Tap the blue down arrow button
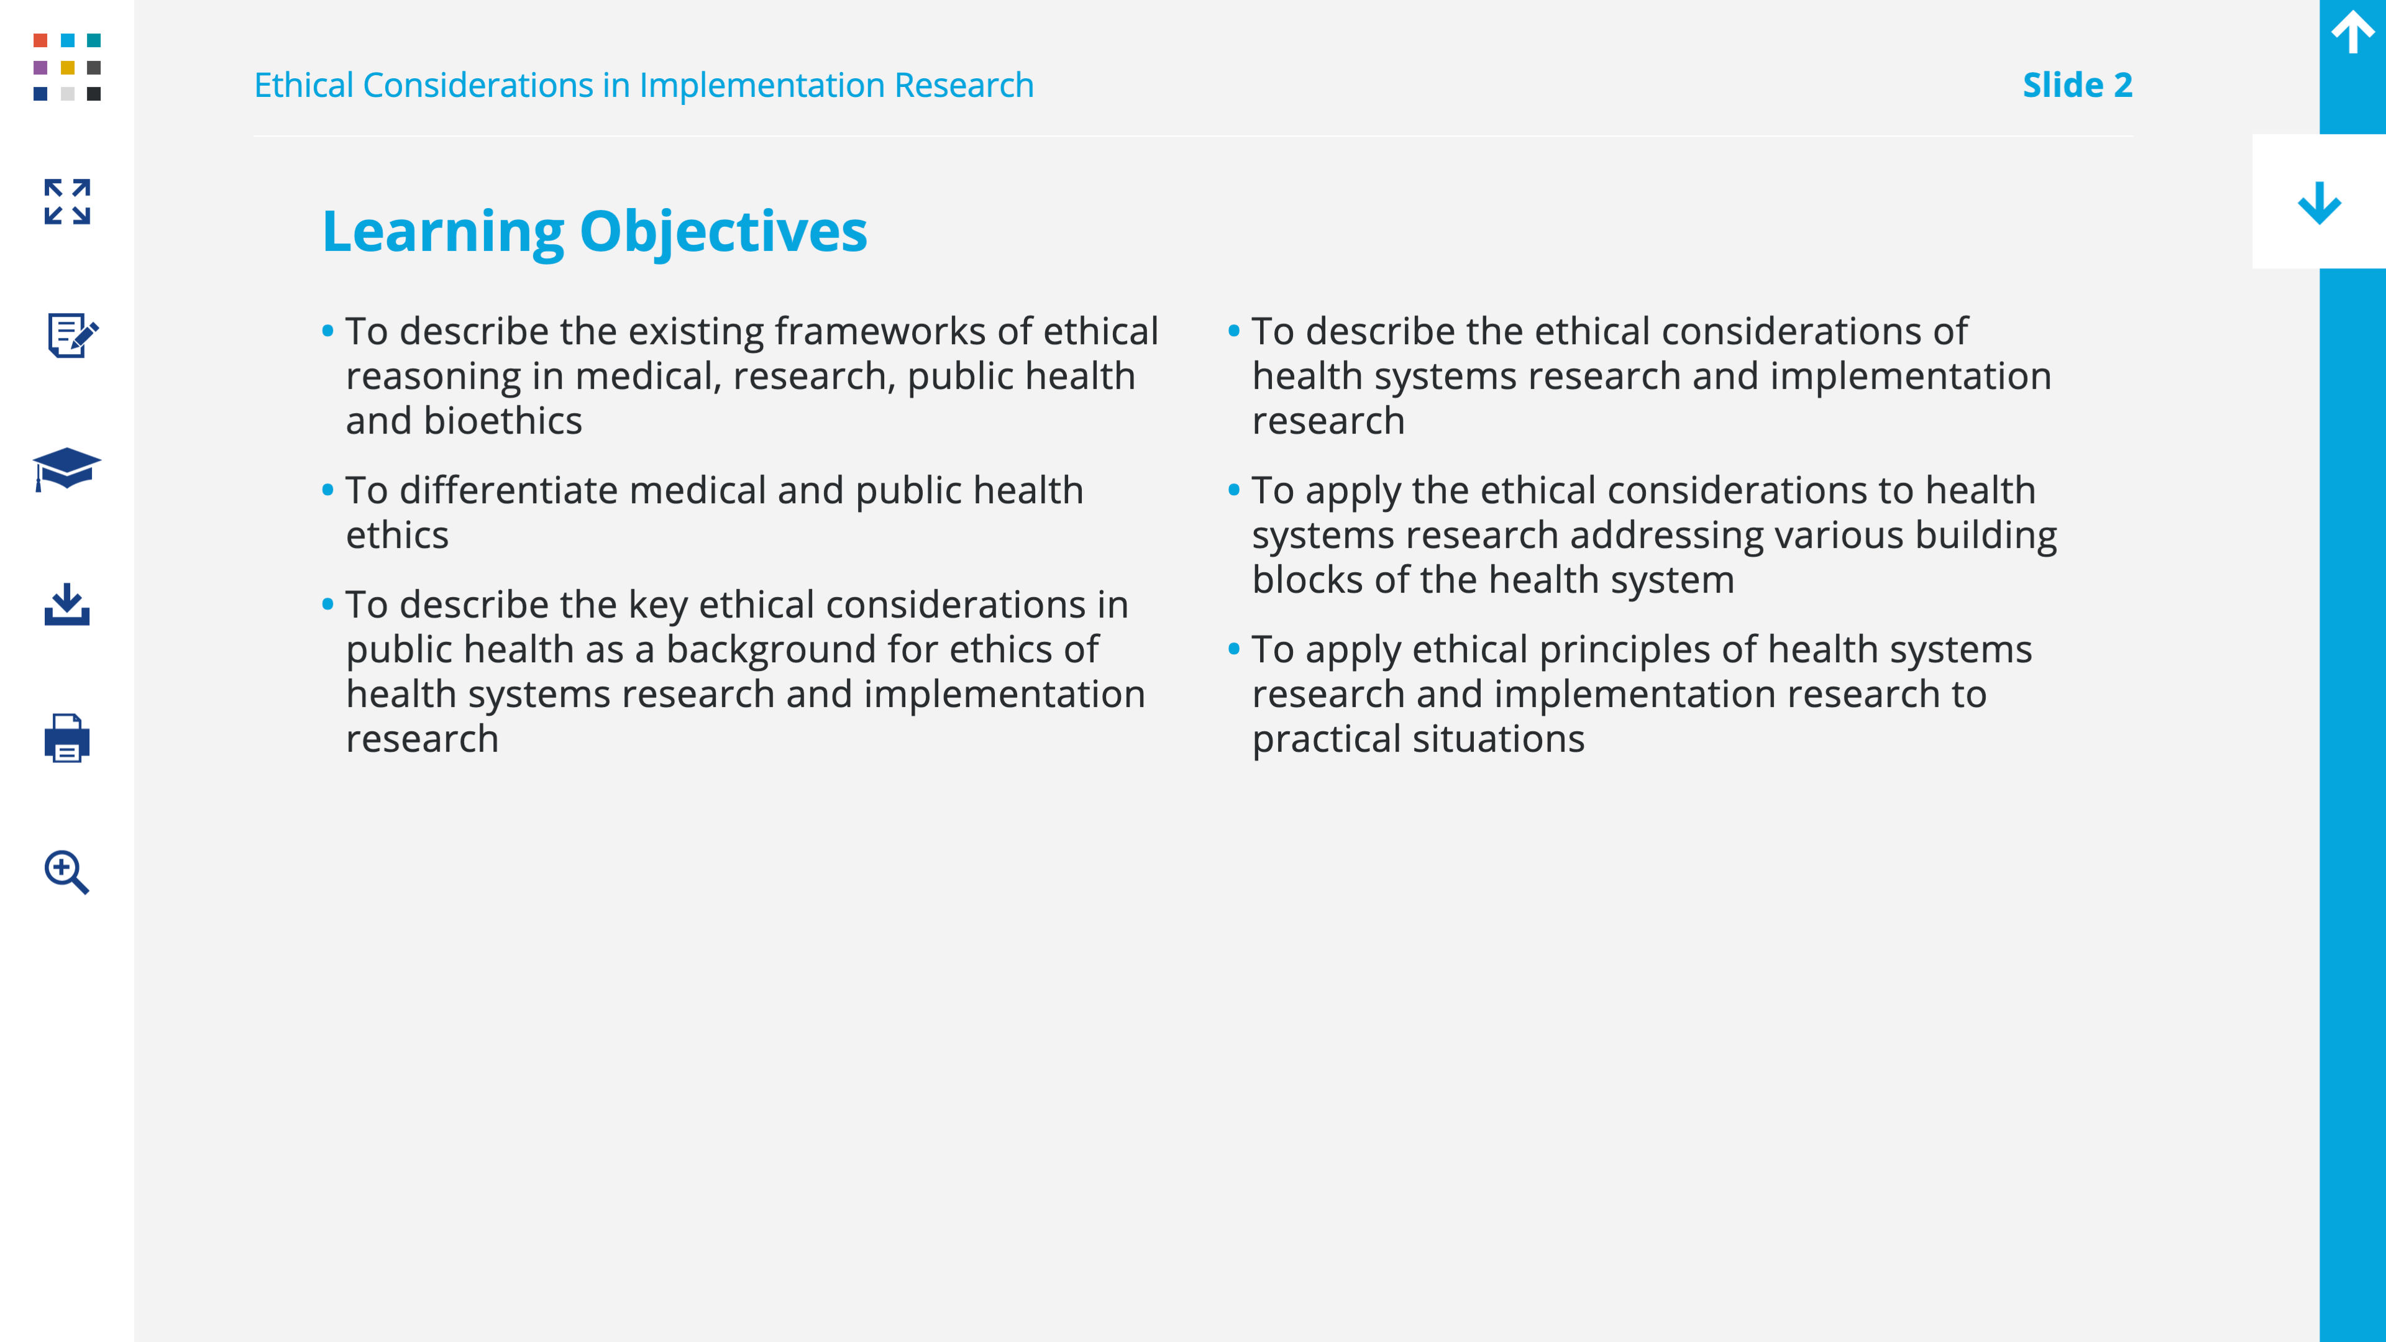(x=2320, y=203)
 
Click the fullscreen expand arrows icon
(x=66, y=202)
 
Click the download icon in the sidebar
(x=66, y=604)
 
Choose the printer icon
(x=66, y=738)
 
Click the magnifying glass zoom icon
(x=66, y=872)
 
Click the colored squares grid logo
(x=66, y=66)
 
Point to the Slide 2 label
(x=2078, y=85)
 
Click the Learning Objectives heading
(x=595, y=232)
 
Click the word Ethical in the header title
(x=304, y=85)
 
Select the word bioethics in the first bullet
(x=503, y=421)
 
